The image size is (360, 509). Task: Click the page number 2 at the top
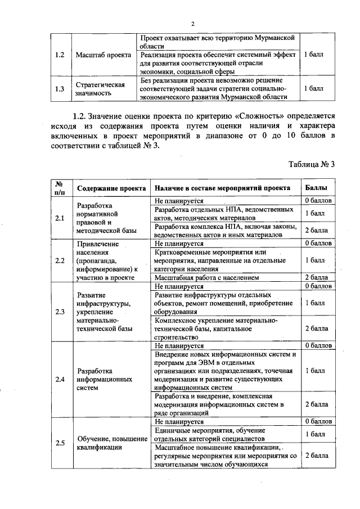[x=193, y=23]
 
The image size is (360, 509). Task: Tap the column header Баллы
[x=315, y=188]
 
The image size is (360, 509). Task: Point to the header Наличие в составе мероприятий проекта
[x=222, y=188]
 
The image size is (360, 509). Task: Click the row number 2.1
[x=60, y=218]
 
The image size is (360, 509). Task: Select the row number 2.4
[x=60, y=379]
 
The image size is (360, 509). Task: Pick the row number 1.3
[x=60, y=88]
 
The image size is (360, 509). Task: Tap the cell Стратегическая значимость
[x=100, y=88]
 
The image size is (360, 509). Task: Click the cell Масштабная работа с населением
[x=206, y=277]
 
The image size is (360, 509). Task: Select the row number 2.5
[x=60, y=443]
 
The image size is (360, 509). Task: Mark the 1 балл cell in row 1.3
[x=313, y=88]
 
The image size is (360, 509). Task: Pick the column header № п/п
[x=59, y=188]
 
